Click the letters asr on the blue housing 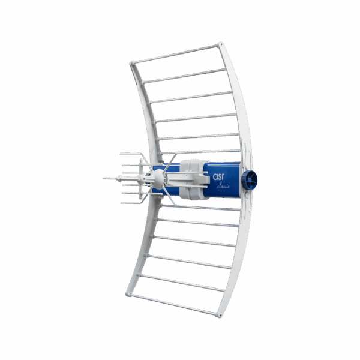pyautogui.click(x=218, y=176)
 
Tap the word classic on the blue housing pyautogui.click(x=223, y=185)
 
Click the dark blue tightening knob pyautogui.click(x=250, y=180)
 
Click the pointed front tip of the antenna pyautogui.click(x=104, y=178)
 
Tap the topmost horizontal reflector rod pyautogui.click(x=175, y=54)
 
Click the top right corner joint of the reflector pyautogui.click(x=220, y=44)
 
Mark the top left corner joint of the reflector pyautogui.click(x=132, y=63)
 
